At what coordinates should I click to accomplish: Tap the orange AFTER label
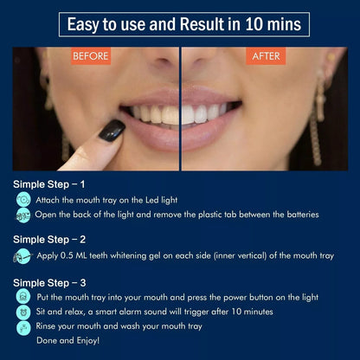pyautogui.click(x=264, y=57)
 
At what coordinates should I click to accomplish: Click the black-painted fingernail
pyautogui.click(x=111, y=131)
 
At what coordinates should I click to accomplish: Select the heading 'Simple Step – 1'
pyautogui.click(x=49, y=184)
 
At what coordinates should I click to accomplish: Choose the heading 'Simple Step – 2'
pyautogui.click(x=49, y=238)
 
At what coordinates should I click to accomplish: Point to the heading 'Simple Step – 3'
pyautogui.click(x=49, y=282)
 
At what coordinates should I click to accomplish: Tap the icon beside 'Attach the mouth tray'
pyautogui.click(x=23, y=200)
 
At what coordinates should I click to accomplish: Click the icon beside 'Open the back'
pyautogui.click(x=23, y=214)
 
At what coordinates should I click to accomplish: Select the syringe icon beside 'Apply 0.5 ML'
pyautogui.click(x=21, y=256)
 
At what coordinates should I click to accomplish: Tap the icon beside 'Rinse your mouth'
pyautogui.click(x=23, y=327)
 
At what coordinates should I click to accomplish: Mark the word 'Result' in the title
pyautogui.click(x=199, y=23)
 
